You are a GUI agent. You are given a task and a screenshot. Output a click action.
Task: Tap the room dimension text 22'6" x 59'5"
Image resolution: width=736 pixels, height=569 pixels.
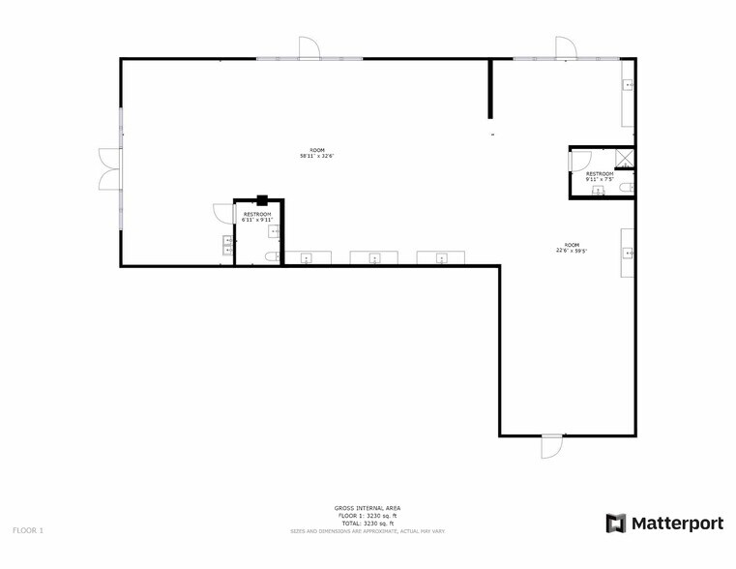[572, 251]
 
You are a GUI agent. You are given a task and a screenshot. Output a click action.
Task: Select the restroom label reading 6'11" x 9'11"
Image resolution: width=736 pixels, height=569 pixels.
[257, 220]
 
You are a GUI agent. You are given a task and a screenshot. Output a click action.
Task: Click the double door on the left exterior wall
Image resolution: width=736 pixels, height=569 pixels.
[108, 168]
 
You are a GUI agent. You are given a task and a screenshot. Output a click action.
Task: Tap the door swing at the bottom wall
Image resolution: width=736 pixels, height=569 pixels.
[551, 446]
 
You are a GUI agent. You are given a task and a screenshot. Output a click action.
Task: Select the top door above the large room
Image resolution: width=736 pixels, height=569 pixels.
[309, 48]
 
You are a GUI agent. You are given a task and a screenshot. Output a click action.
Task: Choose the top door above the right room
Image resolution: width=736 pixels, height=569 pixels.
[566, 48]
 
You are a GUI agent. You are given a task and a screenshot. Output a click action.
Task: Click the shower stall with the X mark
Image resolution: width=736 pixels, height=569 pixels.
[626, 160]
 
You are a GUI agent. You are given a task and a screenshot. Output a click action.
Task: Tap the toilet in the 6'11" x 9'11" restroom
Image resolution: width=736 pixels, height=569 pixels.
[272, 257]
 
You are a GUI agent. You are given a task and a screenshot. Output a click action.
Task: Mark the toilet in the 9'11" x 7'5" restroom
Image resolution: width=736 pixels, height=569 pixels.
[627, 187]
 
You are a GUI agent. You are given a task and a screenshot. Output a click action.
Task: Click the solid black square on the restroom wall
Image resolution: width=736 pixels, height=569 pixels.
[261, 200]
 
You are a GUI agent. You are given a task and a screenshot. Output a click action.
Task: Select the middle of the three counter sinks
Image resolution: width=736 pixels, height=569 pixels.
[375, 258]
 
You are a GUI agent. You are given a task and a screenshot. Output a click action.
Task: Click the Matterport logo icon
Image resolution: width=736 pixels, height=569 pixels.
[616, 524]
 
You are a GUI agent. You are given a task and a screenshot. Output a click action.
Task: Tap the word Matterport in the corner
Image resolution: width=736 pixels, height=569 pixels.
[677, 524]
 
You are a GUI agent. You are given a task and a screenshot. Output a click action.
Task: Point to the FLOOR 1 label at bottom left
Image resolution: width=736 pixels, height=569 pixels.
[28, 530]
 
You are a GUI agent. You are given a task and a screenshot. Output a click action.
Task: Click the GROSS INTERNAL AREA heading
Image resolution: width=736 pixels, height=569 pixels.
[368, 508]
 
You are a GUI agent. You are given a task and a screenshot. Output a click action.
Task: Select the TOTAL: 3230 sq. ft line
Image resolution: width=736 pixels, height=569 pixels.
[368, 523]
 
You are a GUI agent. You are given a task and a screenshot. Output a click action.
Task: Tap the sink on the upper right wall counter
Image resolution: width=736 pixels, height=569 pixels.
[629, 85]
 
